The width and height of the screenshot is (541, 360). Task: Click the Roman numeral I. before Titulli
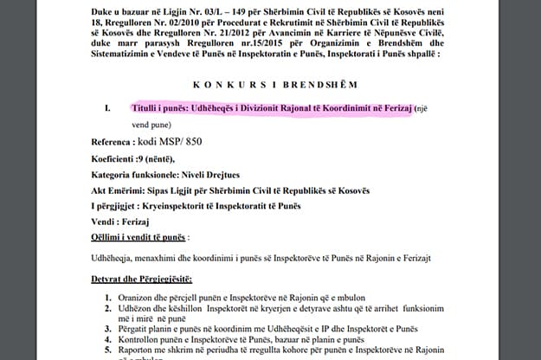(106, 110)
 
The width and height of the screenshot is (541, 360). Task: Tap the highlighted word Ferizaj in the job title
(390, 109)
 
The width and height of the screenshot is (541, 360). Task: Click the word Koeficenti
(118, 159)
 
